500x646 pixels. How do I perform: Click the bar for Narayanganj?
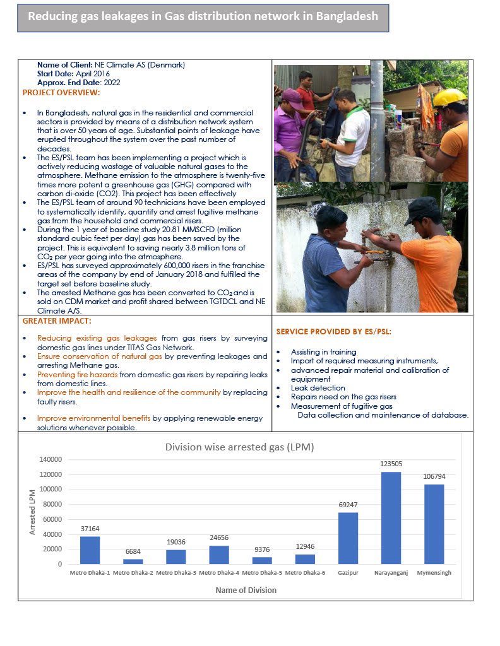[x=391, y=518]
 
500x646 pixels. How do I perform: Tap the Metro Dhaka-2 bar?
[x=133, y=561]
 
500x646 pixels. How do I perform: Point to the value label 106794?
[x=434, y=476]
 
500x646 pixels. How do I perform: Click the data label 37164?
[x=90, y=529]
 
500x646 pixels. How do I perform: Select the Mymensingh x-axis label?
[x=434, y=573]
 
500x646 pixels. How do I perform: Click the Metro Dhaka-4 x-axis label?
[x=218, y=573]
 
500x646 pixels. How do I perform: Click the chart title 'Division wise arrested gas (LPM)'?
[x=239, y=447]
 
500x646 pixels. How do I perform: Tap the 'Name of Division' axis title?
[x=246, y=590]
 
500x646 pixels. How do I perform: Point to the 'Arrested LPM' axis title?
[x=33, y=512]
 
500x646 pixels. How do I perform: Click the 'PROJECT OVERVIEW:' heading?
[x=61, y=93]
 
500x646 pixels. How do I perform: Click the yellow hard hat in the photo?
[x=449, y=97]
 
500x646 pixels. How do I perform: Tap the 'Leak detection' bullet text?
[x=318, y=388]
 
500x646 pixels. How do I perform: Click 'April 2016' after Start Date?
[x=102, y=74]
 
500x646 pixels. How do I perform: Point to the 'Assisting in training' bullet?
[x=323, y=352]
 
